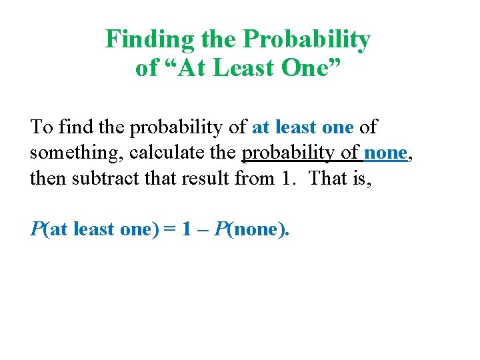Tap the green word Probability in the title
306,40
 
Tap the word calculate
171,153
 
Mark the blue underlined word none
385,153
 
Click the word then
48,178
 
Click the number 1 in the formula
187,230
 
